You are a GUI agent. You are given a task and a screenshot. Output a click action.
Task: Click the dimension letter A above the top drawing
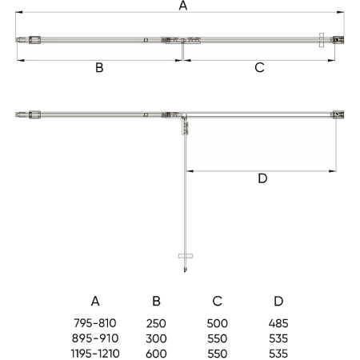click(183, 6)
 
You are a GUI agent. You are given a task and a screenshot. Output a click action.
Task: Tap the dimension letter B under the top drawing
click(99, 67)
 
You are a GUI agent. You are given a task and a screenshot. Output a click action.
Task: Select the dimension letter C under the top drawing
click(259, 67)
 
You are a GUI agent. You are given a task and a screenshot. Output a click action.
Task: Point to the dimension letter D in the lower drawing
click(262, 178)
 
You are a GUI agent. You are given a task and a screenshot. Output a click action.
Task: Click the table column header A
click(95, 301)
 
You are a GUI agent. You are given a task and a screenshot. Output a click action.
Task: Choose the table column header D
click(278, 301)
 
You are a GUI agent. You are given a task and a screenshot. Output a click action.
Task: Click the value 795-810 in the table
click(95, 323)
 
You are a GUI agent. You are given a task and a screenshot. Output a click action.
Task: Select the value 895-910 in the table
click(95, 338)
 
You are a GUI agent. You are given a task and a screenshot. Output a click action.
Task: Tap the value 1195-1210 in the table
click(95, 354)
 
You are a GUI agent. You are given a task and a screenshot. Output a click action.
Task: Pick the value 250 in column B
click(156, 323)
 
